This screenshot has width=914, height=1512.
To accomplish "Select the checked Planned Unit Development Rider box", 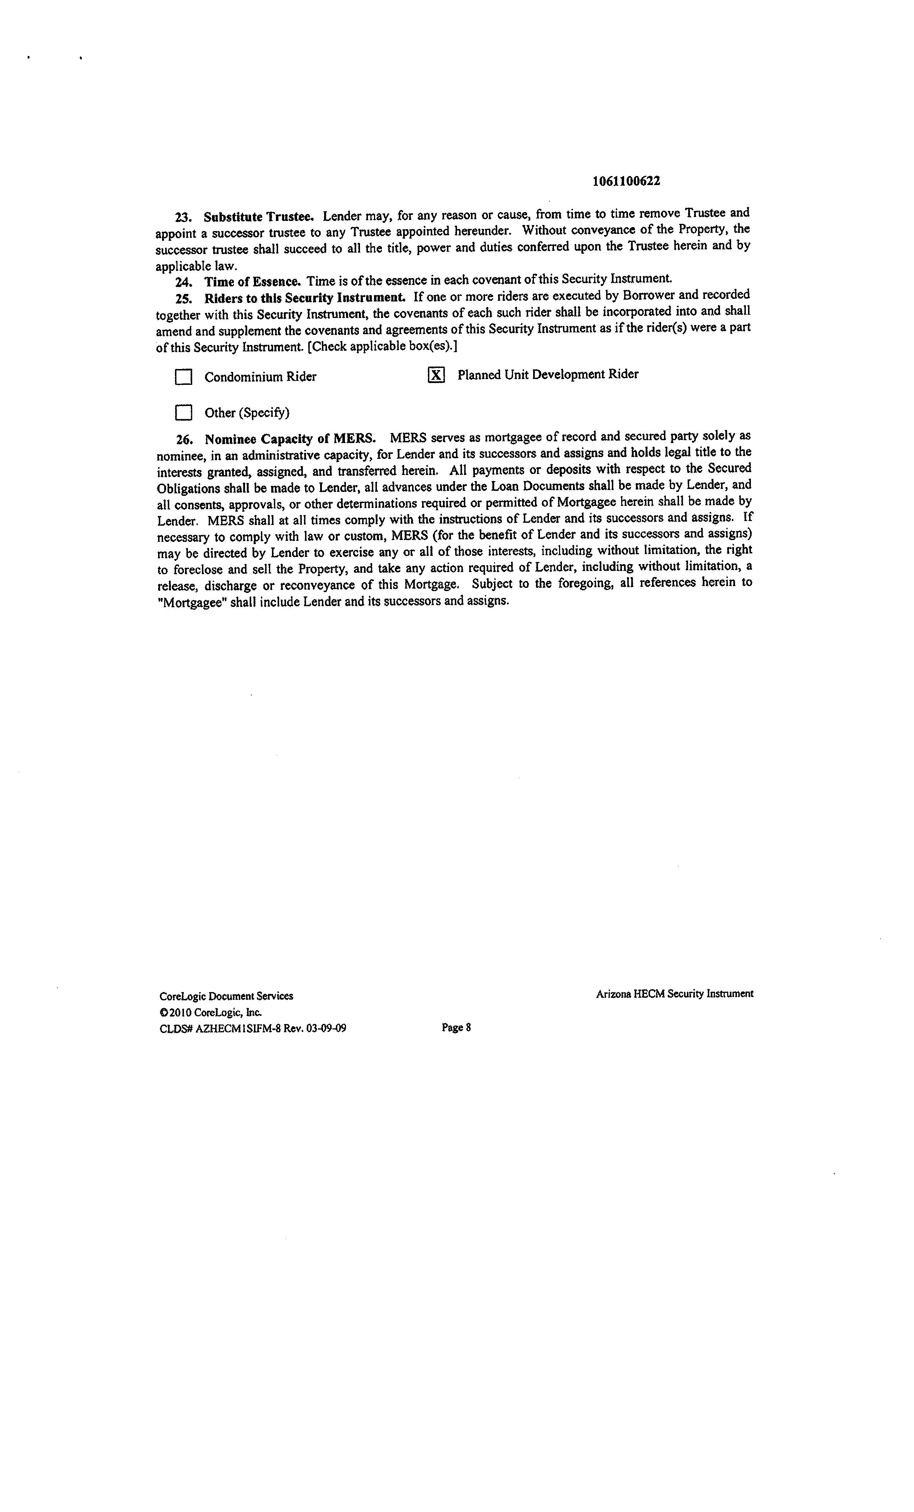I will [x=435, y=375].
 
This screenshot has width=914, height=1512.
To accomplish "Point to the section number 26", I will [x=184, y=440].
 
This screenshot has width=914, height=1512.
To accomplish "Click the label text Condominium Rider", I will [x=260, y=377].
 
